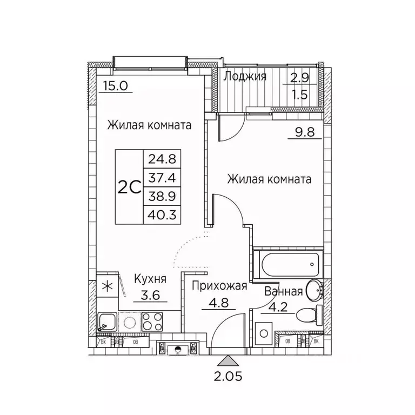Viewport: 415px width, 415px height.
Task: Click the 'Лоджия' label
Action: pyautogui.click(x=245, y=76)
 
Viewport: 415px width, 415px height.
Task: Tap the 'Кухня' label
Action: pyautogui.click(x=150, y=279)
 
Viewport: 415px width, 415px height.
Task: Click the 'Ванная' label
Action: pyautogui.click(x=283, y=292)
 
